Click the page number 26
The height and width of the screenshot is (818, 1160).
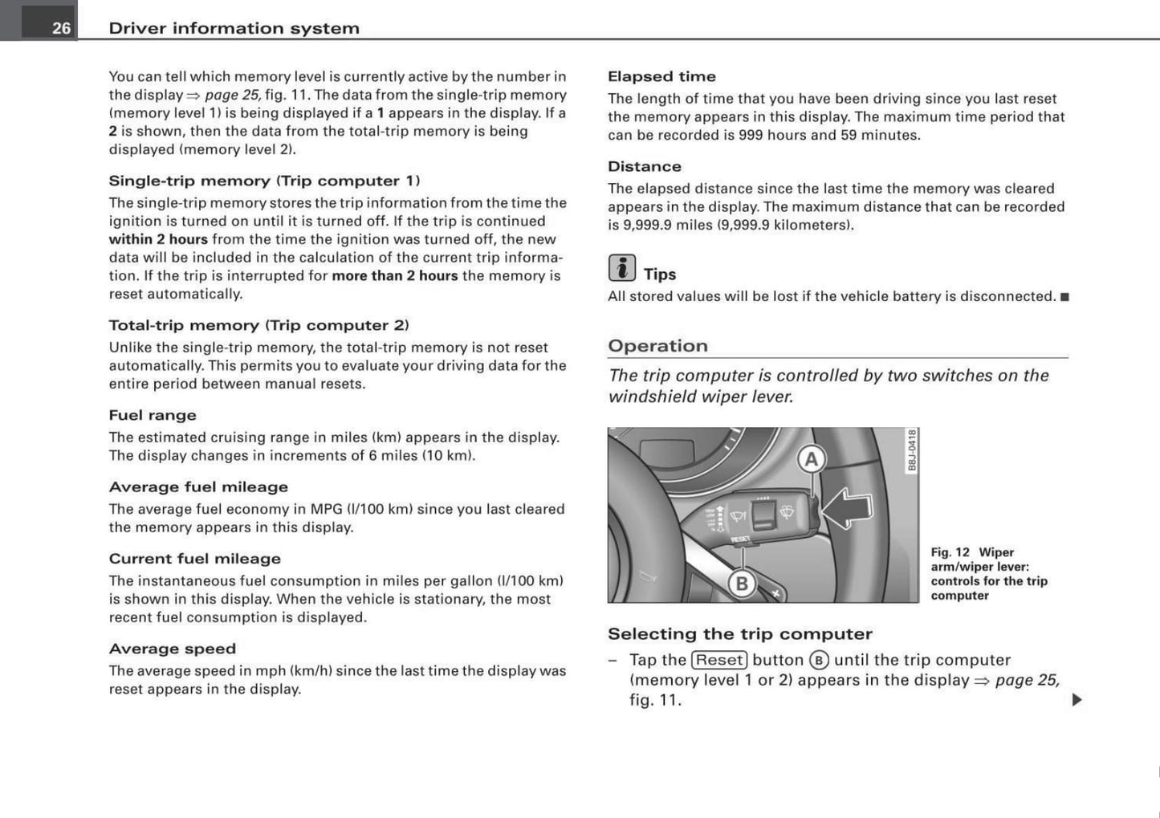pyautogui.click(x=61, y=28)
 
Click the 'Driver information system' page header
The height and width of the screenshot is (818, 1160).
pyautogui.click(x=234, y=28)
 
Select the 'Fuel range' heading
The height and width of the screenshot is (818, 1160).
pyautogui.click(x=153, y=415)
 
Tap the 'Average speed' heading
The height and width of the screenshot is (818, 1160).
pyautogui.click(x=172, y=649)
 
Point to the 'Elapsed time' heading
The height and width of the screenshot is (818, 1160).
pyautogui.click(x=661, y=76)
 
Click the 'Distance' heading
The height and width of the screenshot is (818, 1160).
pyautogui.click(x=644, y=166)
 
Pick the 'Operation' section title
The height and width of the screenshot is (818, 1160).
pyautogui.click(x=657, y=346)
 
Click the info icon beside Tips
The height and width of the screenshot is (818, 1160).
pyautogui.click(x=621, y=268)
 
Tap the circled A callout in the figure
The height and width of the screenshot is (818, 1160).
pyautogui.click(x=812, y=459)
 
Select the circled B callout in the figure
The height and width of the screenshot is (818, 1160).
pyautogui.click(x=742, y=584)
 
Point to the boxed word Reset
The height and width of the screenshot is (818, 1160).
pyautogui.click(x=719, y=660)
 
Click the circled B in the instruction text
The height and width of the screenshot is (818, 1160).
pyautogui.click(x=819, y=661)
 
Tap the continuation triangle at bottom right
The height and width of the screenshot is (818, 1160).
pyautogui.click(x=1077, y=700)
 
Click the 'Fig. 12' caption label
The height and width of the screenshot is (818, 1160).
pyautogui.click(x=950, y=552)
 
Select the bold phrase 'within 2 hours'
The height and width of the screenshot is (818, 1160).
pyautogui.click(x=158, y=239)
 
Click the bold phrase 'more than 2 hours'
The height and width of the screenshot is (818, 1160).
pyautogui.click(x=394, y=275)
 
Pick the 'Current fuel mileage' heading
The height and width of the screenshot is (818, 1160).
pyautogui.click(x=194, y=559)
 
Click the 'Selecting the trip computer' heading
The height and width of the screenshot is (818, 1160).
pyautogui.click(x=739, y=634)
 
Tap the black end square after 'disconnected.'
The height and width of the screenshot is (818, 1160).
pyautogui.click(x=1064, y=297)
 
